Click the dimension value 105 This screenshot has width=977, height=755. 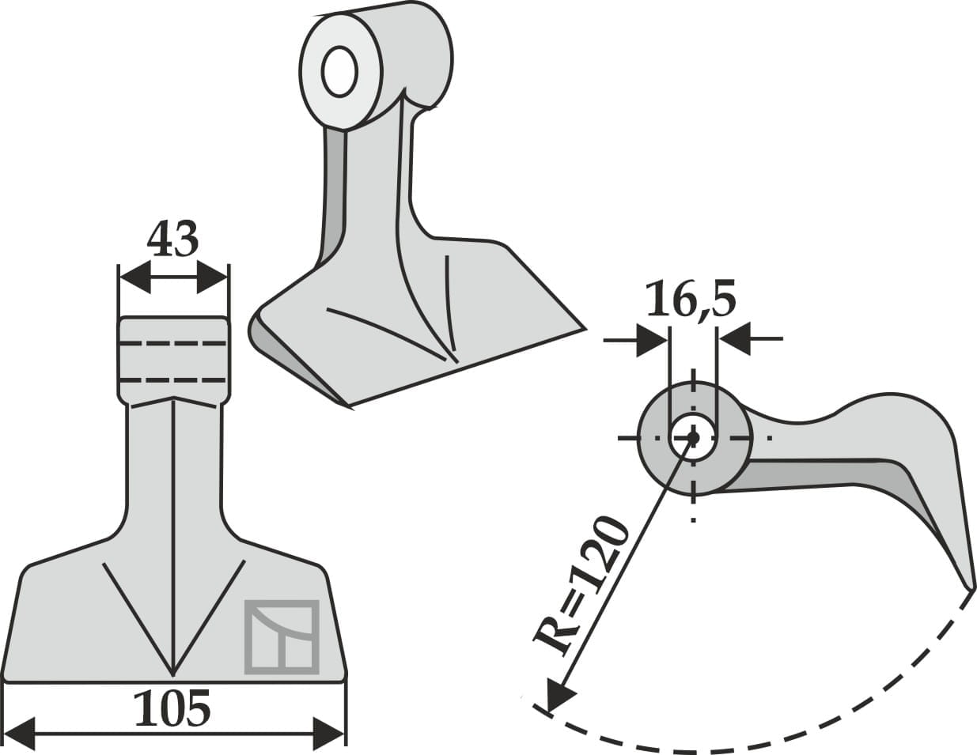coord(172,708)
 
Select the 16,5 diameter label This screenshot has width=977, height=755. coord(691,299)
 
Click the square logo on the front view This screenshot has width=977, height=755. coord(281,637)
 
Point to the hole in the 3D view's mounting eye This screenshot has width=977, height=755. coord(339,72)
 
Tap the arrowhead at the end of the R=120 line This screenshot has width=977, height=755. coord(559,696)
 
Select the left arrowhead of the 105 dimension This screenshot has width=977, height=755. coord(20,733)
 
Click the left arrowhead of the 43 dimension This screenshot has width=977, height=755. coord(134,278)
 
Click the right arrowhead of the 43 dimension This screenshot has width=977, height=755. coord(213,278)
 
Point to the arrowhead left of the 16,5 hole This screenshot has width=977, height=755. coord(653,340)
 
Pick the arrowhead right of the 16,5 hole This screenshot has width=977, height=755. coord(734,340)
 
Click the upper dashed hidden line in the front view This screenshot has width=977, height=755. coord(173,344)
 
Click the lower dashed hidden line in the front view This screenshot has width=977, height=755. coord(173,380)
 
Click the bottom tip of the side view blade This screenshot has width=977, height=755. coord(971,588)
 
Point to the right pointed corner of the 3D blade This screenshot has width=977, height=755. coord(583,327)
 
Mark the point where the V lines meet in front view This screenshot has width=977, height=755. coord(173,674)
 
